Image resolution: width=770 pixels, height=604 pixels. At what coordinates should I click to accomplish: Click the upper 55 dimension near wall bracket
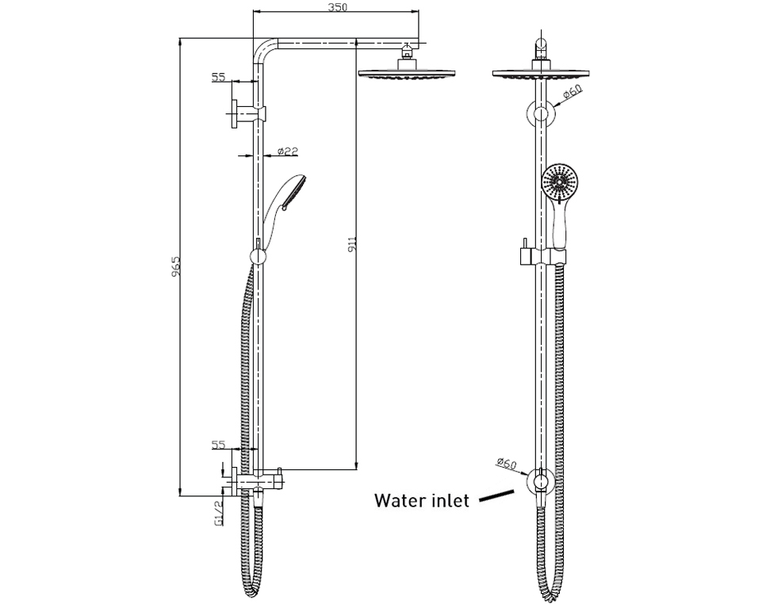[219, 78]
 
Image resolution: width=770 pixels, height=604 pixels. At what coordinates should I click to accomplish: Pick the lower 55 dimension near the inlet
[219, 445]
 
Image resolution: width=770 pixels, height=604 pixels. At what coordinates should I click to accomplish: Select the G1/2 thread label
[217, 514]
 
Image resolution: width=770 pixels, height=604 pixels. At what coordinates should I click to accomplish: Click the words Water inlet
[421, 501]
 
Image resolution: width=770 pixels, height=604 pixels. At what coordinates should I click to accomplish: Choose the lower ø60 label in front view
[507, 464]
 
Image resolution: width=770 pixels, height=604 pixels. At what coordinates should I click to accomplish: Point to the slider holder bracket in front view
[542, 257]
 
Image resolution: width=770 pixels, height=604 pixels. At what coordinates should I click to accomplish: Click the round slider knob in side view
[258, 257]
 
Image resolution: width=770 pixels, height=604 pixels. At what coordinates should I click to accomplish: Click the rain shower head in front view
[541, 75]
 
